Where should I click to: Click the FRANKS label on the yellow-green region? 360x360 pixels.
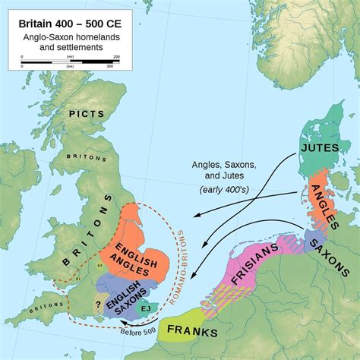(192, 333)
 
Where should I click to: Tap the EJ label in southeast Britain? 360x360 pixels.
(145, 308)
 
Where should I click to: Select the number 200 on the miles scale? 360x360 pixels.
(116, 57)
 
